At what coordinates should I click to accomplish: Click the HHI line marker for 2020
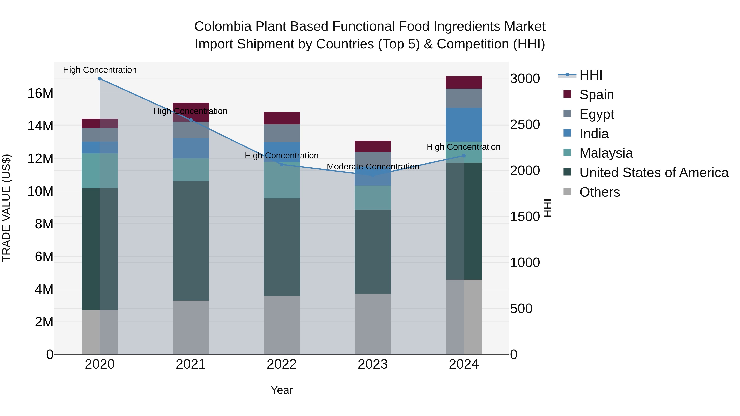(x=100, y=79)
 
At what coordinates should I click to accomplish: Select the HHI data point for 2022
(x=282, y=165)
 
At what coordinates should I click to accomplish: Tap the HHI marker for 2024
(x=464, y=156)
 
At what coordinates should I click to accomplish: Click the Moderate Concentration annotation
(x=373, y=167)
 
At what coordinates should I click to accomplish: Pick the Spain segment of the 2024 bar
(x=464, y=82)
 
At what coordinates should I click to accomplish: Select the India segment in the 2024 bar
(x=464, y=125)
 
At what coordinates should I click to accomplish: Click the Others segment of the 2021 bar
(x=191, y=327)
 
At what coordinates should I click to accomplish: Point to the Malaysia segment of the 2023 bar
(x=373, y=197)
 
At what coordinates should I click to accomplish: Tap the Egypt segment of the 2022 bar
(x=282, y=133)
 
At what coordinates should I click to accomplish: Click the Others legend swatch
(x=567, y=191)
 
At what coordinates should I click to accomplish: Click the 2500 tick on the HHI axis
(x=525, y=125)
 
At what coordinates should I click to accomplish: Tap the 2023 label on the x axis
(x=373, y=364)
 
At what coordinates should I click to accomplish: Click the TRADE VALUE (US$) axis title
(x=7, y=208)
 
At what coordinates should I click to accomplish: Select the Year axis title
(x=282, y=390)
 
